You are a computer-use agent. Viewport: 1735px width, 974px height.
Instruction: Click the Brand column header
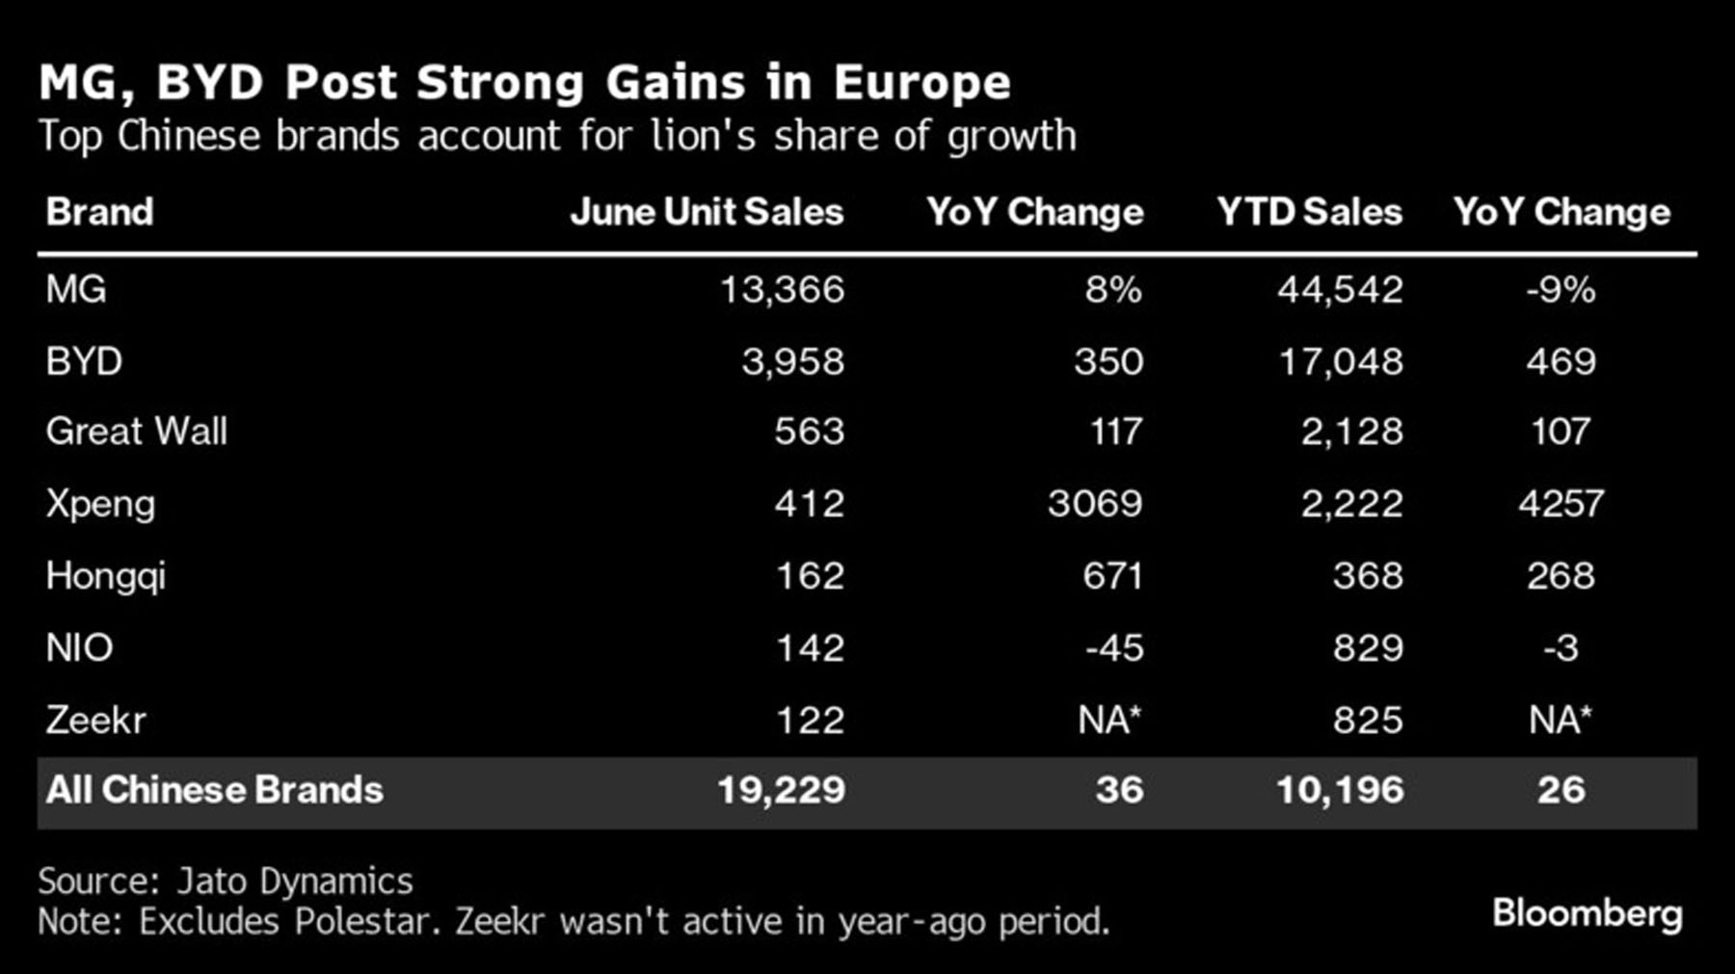[99, 212]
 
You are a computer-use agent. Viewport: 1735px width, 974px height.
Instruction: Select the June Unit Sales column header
[707, 212]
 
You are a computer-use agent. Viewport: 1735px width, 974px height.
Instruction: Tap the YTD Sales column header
[1309, 212]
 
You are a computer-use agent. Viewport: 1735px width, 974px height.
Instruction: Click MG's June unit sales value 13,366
[782, 289]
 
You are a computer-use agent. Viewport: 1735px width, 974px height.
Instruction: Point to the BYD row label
[84, 361]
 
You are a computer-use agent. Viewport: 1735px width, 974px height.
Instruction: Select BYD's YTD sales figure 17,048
[1341, 361]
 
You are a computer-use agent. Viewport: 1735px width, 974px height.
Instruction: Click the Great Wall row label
[137, 431]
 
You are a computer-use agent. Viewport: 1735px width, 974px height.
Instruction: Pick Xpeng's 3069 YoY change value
[1095, 503]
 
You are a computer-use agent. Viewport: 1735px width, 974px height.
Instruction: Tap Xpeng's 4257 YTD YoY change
[1561, 503]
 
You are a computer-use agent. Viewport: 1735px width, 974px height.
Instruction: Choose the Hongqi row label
[105, 576]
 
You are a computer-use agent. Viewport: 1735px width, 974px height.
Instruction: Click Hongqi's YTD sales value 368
[1368, 576]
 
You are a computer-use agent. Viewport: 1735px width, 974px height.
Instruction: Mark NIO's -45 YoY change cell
[1114, 647]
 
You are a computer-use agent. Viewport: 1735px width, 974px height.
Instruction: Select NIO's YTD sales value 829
[1368, 647]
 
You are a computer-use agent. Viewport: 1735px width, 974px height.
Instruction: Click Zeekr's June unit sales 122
[810, 720]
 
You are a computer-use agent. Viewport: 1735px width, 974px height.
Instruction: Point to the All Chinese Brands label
[214, 790]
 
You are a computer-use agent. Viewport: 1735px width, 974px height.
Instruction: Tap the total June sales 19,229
[781, 790]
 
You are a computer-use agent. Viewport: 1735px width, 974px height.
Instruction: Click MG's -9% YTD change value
[1561, 289]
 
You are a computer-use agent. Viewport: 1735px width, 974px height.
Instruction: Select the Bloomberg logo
[1587, 913]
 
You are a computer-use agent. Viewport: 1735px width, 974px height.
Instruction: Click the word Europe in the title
[921, 82]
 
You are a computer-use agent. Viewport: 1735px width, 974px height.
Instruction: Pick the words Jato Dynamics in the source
[294, 882]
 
